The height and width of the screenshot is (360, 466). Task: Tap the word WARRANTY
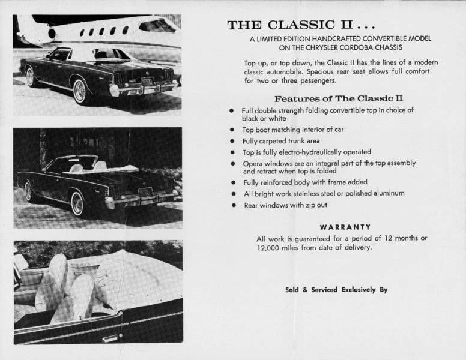click(345, 227)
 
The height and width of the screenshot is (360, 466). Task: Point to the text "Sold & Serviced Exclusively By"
click(336, 290)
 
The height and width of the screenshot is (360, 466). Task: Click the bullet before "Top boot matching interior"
click(232, 130)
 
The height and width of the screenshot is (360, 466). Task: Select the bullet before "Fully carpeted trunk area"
click(232, 141)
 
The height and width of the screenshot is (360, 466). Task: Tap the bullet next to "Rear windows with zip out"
click(232, 205)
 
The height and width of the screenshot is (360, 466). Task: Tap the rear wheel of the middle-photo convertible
click(77, 203)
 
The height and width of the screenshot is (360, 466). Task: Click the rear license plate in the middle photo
click(145, 192)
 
